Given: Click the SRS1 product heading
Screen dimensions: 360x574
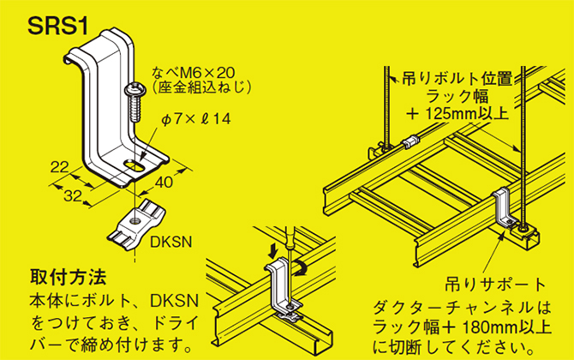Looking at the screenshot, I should [x=52, y=26].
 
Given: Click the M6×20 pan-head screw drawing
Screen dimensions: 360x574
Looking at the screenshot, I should [x=135, y=101].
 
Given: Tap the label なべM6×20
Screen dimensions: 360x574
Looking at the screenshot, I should [x=194, y=73].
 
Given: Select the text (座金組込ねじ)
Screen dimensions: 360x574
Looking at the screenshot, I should [x=198, y=87].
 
